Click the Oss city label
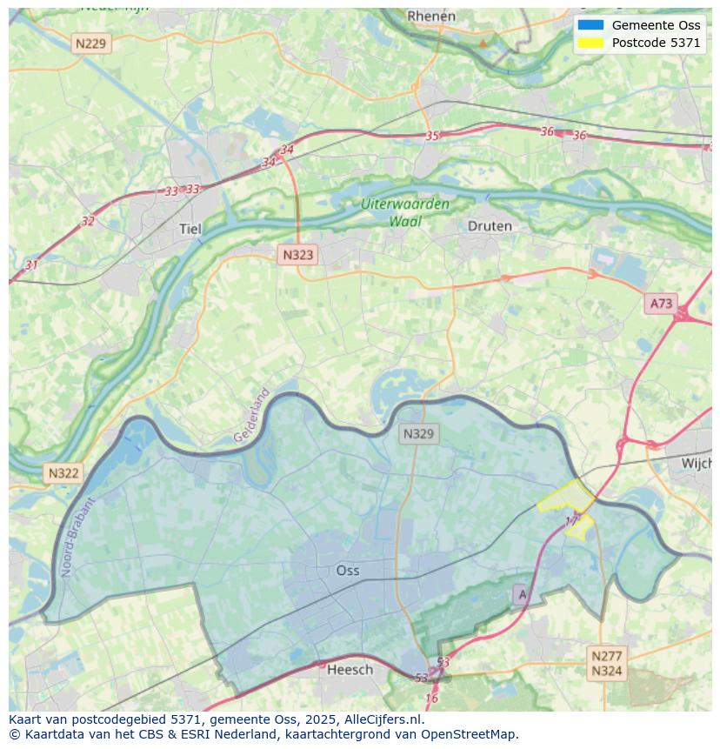pyautogui.click(x=347, y=571)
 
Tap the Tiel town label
pyautogui.click(x=190, y=229)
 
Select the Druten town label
pyautogui.click(x=490, y=226)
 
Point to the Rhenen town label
pyautogui.click(x=431, y=16)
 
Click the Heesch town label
pyautogui.click(x=350, y=669)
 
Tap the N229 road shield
pyautogui.click(x=91, y=43)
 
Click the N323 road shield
pyautogui.click(x=297, y=255)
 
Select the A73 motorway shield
pyautogui.click(x=661, y=303)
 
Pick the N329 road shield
pyautogui.click(x=418, y=433)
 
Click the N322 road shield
pyautogui.click(x=63, y=473)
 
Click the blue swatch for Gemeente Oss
pyautogui.click(x=590, y=25)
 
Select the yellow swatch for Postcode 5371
pyautogui.click(x=590, y=43)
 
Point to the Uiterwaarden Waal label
pyautogui.click(x=405, y=212)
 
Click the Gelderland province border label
pyautogui.click(x=252, y=415)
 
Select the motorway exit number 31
pyautogui.click(x=31, y=264)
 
